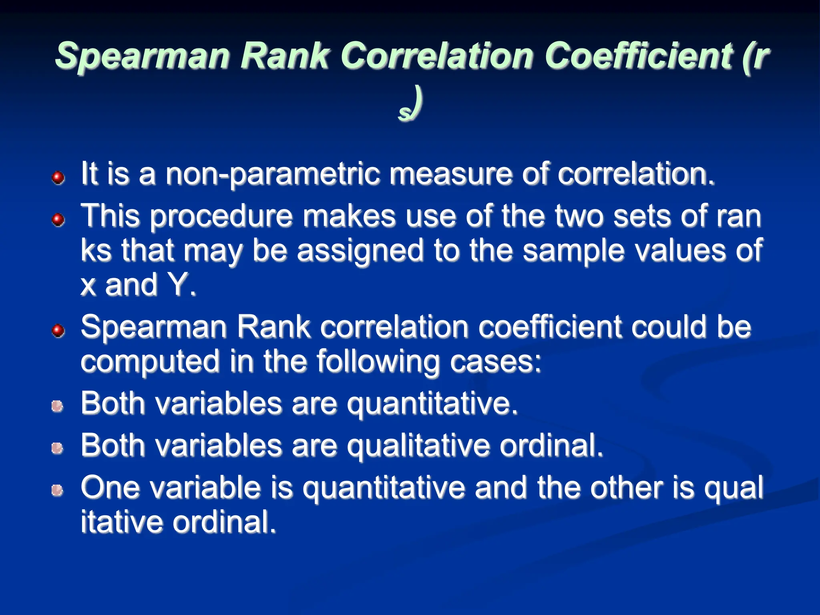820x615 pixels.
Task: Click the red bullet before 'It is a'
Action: [58, 177]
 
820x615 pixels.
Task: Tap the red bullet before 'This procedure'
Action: [58, 219]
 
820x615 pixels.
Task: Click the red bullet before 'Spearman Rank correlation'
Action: [58, 330]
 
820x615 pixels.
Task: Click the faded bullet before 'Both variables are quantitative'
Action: [57, 406]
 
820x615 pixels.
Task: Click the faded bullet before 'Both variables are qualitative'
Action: [57, 448]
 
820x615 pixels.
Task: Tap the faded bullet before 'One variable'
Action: [57, 490]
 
